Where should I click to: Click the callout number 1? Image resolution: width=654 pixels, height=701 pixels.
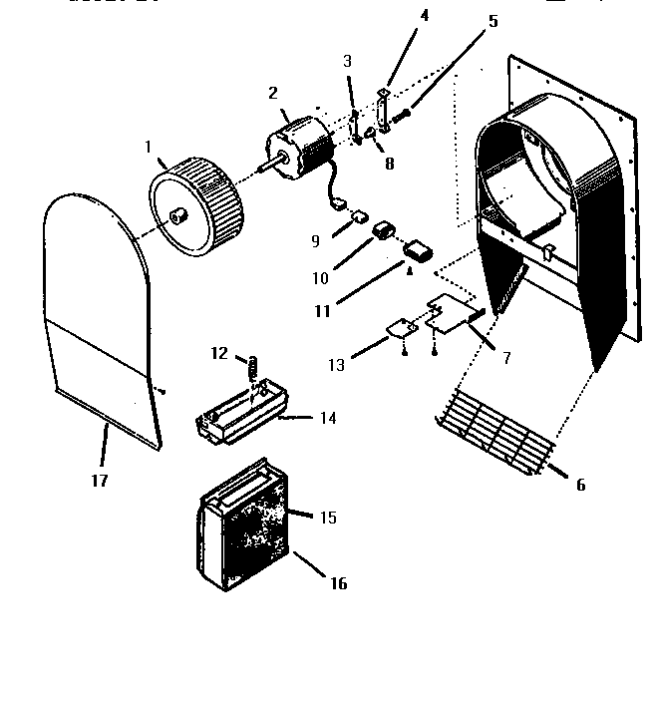(149, 147)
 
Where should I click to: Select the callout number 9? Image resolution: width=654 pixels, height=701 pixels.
(316, 240)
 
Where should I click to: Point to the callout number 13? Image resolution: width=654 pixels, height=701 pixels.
(337, 366)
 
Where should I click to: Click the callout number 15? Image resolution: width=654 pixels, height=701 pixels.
(327, 518)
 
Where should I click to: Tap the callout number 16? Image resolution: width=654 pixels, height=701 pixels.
(338, 583)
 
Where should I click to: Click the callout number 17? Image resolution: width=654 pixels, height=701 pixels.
(98, 480)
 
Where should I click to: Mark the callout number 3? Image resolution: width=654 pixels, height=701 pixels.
(347, 62)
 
